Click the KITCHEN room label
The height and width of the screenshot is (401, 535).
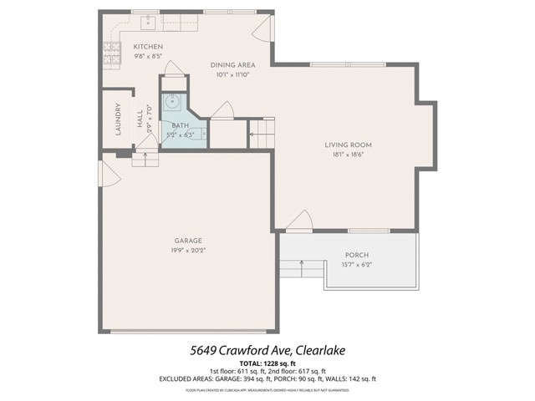(148, 47)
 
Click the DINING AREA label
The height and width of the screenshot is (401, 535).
(232, 64)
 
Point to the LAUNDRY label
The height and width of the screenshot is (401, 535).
(119, 119)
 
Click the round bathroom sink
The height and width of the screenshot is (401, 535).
(173, 103)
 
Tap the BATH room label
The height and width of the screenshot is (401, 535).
(181, 125)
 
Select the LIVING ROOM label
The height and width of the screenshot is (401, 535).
(348, 145)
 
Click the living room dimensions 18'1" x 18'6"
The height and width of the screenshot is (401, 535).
(348, 155)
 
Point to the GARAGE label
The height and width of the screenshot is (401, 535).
(188, 240)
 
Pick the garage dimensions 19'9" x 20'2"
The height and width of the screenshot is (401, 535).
(188, 250)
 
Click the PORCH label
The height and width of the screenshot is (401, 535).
(357, 255)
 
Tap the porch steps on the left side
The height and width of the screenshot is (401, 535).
(301, 270)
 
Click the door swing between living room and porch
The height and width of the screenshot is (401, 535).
(298, 221)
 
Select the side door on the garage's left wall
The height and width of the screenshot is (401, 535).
(106, 174)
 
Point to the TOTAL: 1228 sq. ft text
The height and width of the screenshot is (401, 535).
(267, 363)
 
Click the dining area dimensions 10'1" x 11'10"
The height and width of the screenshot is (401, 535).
(232, 74)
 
